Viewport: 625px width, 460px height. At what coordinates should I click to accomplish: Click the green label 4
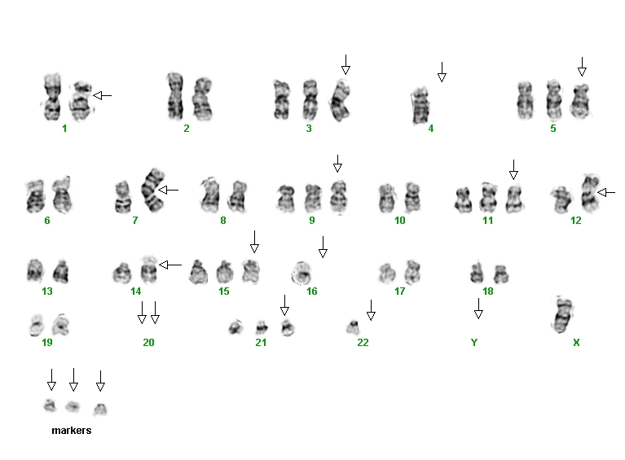(x=430, y=129)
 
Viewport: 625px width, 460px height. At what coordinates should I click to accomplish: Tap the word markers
(x=72, y=430)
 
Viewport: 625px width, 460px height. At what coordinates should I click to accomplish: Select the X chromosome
(x=563, y=315)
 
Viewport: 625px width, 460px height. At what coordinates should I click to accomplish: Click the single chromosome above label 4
(x=420, y=106)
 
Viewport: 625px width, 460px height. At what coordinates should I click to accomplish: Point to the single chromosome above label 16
(x=301, y=274)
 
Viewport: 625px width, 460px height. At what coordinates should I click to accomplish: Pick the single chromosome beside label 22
(x=353, y=327)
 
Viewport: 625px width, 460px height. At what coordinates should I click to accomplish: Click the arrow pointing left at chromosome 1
(x=103, y=95)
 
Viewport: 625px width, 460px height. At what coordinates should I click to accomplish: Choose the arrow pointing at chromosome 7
(x=168, y=190)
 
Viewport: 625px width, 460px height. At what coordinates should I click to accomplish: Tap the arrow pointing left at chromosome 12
(x=606, y=193)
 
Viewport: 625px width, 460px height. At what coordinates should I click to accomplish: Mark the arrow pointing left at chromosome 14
(x=170, y=265)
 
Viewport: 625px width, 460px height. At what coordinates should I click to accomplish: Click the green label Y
(x=474, y=342)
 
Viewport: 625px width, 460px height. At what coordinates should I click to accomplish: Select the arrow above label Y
(x=478, y=309)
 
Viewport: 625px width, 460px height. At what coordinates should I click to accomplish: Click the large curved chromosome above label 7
(x=152, y=190)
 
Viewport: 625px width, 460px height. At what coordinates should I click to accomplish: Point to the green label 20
(x=148, y=342)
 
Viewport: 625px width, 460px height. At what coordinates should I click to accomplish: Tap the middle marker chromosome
(x=73, y=406)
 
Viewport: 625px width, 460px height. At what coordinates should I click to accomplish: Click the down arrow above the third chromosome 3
(x=346, y=64)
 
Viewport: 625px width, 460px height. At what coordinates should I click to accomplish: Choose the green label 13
(x=47, y=291)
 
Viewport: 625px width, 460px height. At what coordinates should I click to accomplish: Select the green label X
(x=576, y=342)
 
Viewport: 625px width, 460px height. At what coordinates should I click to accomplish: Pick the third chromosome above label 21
(x=288, y=328)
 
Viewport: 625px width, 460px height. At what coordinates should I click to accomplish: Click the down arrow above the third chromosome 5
(x=582, y=67)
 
